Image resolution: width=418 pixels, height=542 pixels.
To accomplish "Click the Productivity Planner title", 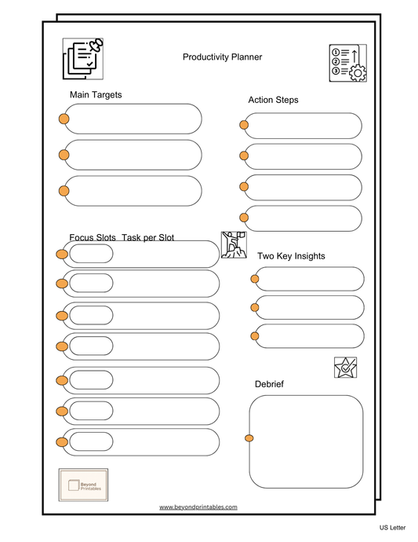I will [222, 57].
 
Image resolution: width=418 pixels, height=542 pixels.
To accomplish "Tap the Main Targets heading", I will [96, 95].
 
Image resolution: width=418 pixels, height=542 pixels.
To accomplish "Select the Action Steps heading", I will [273, 100].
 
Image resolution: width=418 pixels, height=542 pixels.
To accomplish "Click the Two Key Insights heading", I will [291, 256].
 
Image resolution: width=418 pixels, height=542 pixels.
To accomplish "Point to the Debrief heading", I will [269, 383].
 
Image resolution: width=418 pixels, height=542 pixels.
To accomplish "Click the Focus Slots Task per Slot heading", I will [122, 237].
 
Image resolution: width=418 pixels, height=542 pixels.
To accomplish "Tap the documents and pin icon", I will [83, 59].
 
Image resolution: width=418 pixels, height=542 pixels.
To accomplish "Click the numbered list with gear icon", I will [347, 63].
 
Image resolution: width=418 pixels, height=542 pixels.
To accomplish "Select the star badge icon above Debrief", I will [345, 367].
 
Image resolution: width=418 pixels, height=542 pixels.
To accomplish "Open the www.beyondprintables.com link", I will [198, 507].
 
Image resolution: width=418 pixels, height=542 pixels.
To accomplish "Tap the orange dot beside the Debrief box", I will [249, 438].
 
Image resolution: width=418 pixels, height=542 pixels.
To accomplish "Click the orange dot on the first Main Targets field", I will [64, 119].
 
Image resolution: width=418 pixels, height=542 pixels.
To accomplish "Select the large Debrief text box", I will [307, 441].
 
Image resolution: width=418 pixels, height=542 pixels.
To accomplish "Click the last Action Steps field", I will [303, 218].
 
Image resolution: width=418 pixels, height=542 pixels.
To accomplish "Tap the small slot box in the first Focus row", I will [91, 254].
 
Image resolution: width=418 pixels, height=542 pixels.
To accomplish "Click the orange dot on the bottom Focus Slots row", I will [62, 442].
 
